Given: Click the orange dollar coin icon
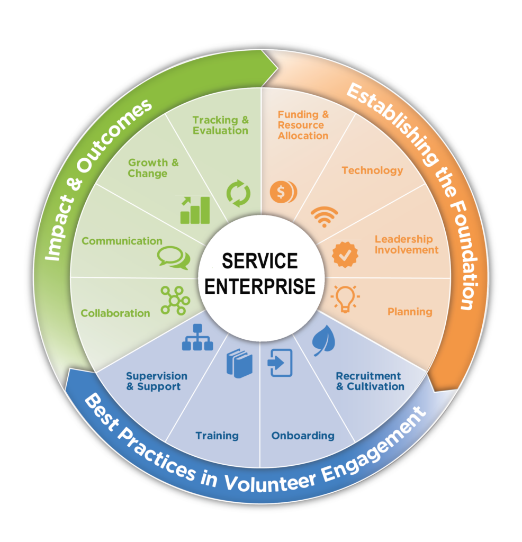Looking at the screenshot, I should pos(283,191).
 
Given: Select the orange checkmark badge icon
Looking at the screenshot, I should pos(345,254).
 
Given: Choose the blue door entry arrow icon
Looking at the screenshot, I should pos(280,363).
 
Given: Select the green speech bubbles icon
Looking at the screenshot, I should pos(173,257).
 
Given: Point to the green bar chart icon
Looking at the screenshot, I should pos(195,210).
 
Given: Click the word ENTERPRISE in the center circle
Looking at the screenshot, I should pos(260,286).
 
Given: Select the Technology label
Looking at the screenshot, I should pos(372,170).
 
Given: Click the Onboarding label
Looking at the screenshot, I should pos(303,436).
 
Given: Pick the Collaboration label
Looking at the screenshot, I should pos(115,313).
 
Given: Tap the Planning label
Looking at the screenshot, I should pos(410,312).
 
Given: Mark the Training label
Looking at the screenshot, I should pos(217,436).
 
